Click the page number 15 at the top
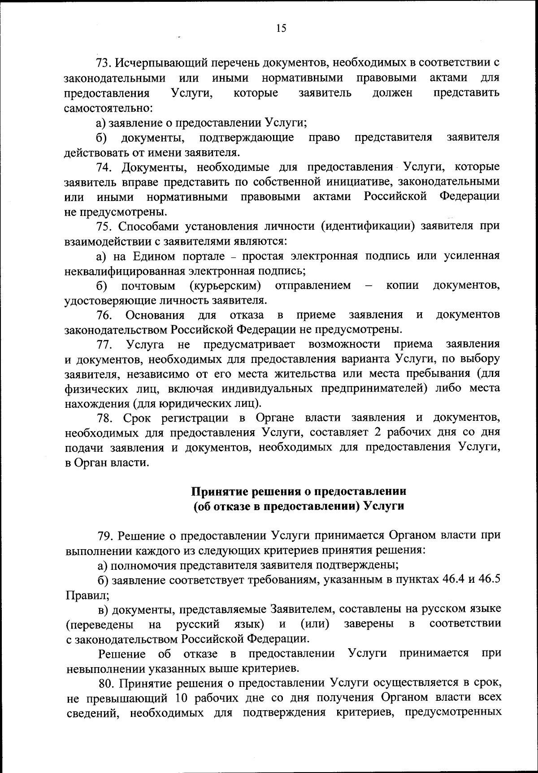tap(281, 29)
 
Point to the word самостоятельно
tap(109, 108)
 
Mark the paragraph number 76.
tap(104, 315)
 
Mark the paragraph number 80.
tap(106, 684)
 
